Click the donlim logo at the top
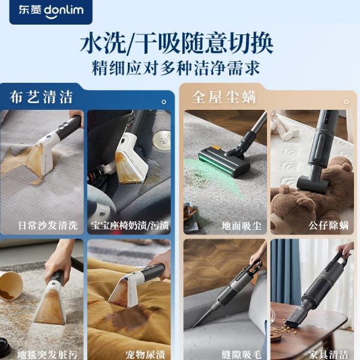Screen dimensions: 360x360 pyautogui.click(x=51, y=11)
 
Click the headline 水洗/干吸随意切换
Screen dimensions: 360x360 pyautogui.click(x=176, y=44)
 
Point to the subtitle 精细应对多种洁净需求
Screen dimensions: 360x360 pyautogui.click(x=176, y=68)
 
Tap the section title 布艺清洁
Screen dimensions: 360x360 pyautogui.click(x=41, y=97)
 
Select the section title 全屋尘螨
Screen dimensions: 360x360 pyautogui.click(x=224, y=97)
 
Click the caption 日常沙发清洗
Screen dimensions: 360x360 pyautogui.click(x=48, y=226)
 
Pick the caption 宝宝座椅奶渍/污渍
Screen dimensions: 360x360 pyautogui.click(x=130, y=226)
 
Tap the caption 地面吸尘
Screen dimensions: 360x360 pyautogui.click(x=242, y=226)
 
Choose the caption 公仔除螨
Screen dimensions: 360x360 pyautogui.click(x=329, y=226)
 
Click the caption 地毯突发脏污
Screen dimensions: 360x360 pyautogui.click(x=47, y=355)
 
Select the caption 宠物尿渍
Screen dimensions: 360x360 pyautogui.click(x=145, y=355)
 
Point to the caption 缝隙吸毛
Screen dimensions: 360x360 pyautogui.click(x=242, y=355)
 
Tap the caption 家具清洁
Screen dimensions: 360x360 pyautogui.click(x=329, y=355)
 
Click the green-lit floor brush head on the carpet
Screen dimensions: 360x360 pyautogui.click(x=224, y=163)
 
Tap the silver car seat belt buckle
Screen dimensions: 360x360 pyautogui.click(x=162, y=139)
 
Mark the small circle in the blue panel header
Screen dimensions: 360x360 pyautogui.click(x=164, y=102)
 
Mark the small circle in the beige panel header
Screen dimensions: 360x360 pyautogui.click(x=346, y=102)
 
